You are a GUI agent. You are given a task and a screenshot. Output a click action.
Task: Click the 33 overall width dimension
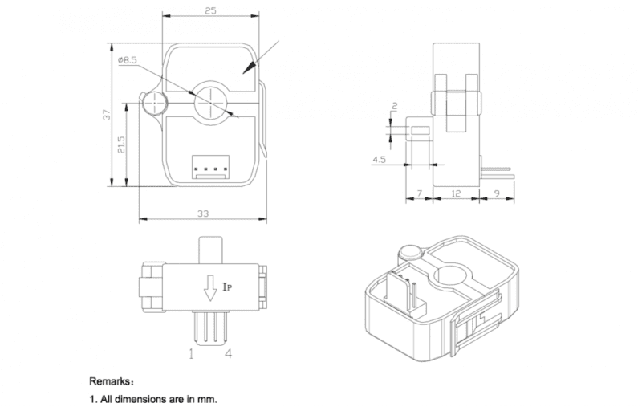203,214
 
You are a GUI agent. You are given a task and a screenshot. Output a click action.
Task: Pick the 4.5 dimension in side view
377,160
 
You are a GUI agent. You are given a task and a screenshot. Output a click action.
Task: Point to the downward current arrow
209,287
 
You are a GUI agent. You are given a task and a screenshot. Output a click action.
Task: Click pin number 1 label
192,352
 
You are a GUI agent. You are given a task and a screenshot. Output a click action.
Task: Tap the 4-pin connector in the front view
210,167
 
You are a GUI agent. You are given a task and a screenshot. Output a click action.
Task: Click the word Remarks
113,382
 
